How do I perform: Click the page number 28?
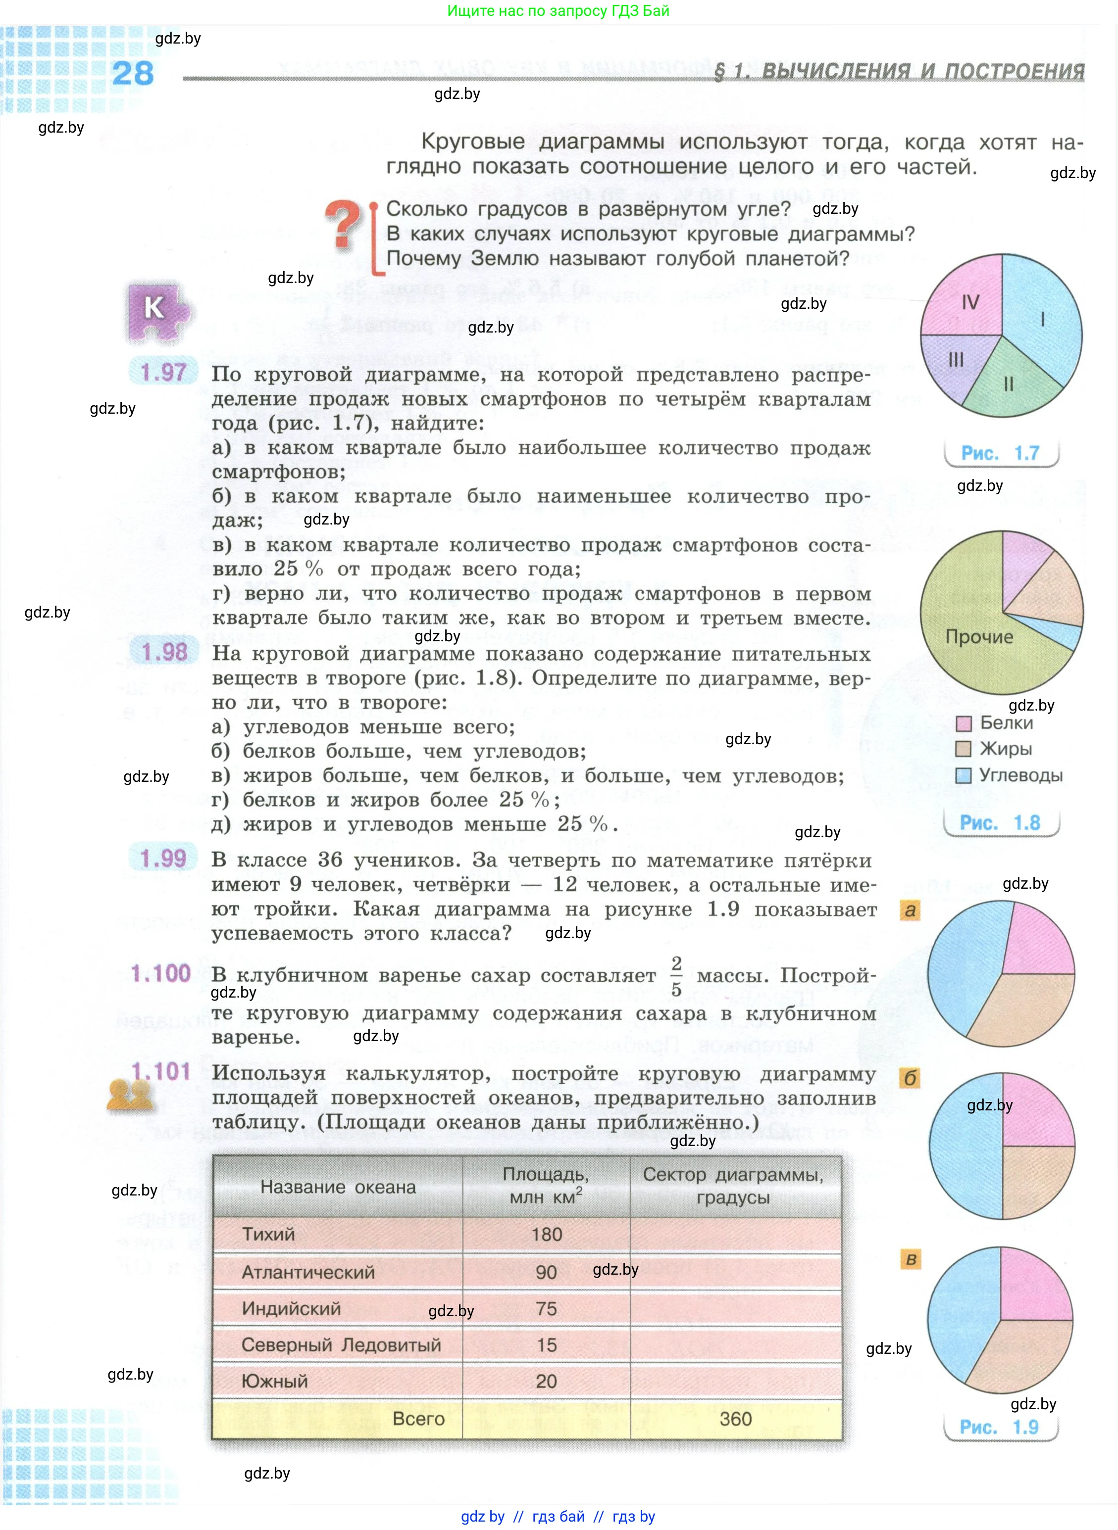pyautogui.click(x=133, y=73)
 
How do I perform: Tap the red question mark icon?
pyautogui.click(x=343, y=225)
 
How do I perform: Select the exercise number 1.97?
pyautogui.click(x=163, y=372)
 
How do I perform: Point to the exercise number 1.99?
pyautogui.click(x=163, y=859)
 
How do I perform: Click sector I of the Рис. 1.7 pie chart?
pyautogui.click(x=1042, y=318)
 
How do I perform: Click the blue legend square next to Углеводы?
pyautogui.click(x=963, y=775)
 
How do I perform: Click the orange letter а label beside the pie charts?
pyautogui.click(x=910, y=910)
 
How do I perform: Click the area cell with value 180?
pyautogui.click(x=546, y=1235)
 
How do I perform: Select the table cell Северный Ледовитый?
pyautogui.click(x=341, y=1344)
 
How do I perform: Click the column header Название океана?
pyautogui.click(x=338, y=1187)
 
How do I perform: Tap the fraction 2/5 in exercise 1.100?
pyautogui.click(x=675, y=976)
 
